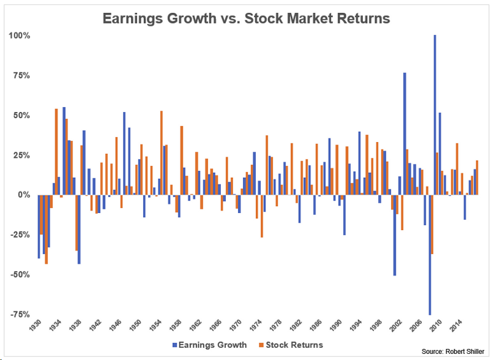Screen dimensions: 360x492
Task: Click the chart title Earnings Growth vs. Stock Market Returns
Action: tap(245, 18)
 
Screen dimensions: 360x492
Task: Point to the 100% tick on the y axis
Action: tap(18, 36)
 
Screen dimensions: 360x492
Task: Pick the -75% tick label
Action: tap(18, 314)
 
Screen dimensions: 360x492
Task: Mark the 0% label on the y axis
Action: tap(22, 195)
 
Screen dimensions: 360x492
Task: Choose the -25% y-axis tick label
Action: tap(18, 235)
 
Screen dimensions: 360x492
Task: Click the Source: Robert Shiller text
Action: tap(454, 351)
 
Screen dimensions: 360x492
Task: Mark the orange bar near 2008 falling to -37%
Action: tap(432, 224)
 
